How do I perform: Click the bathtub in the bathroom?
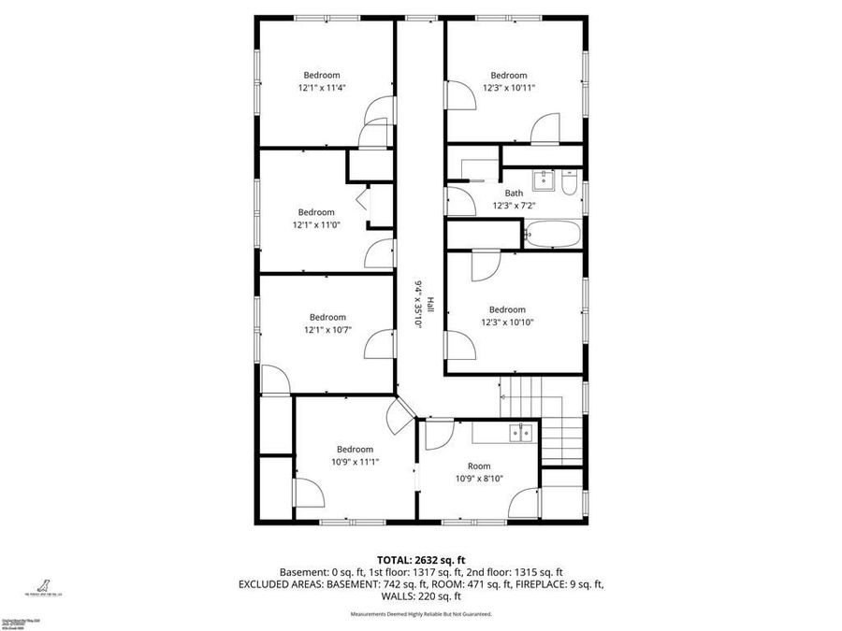tap(552, 234)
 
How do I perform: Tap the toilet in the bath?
tap(570, 183)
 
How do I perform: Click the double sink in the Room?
tap(520, 432)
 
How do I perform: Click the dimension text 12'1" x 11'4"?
tap(322, 88)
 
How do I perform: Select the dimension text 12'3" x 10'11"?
tap(509, 88)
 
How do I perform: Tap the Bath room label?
tap(514, 194)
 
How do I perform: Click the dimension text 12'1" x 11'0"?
tap(316, 224)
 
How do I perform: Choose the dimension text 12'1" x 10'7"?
tap(327, 329)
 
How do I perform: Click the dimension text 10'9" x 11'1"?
tap(355, 461)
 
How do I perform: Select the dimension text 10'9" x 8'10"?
tap(479, 478)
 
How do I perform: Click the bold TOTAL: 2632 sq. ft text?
tap(421, 558)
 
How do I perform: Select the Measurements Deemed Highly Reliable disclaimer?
tap(421, 614)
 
